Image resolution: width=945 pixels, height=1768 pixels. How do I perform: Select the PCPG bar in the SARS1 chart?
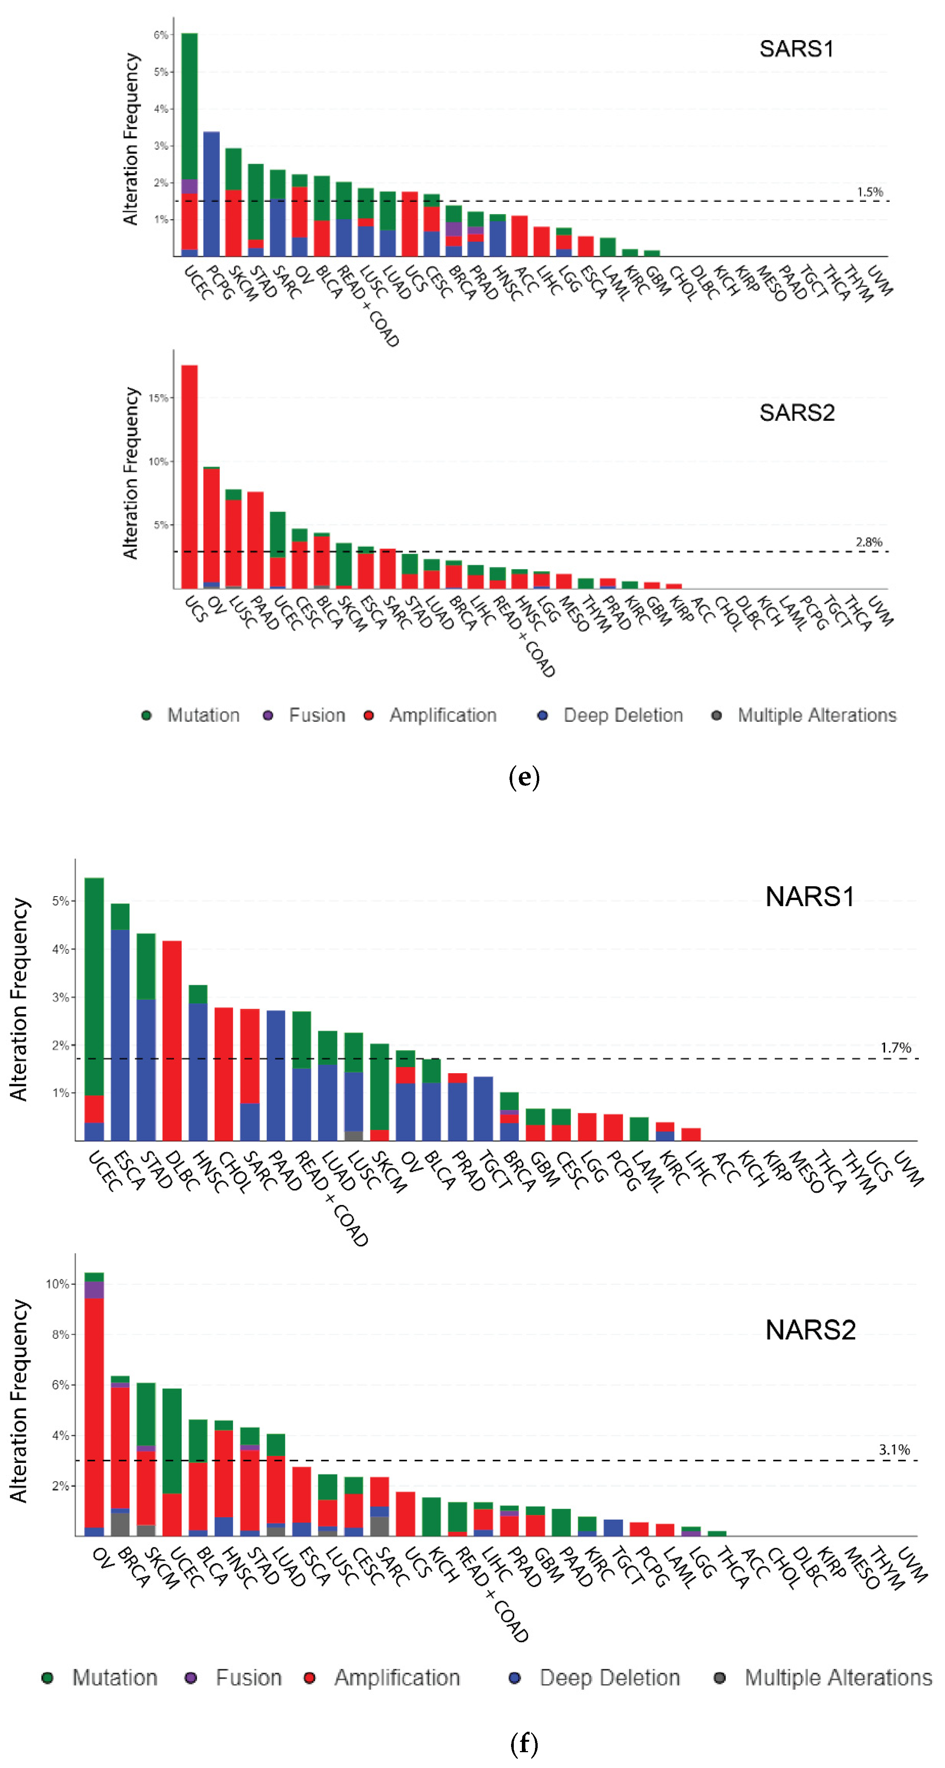[211, 194]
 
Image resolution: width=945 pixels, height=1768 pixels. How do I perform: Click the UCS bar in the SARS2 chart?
[189, 476]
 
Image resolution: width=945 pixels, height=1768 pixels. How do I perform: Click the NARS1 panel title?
[809, 897]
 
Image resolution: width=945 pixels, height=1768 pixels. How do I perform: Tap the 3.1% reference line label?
[894, 1449]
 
